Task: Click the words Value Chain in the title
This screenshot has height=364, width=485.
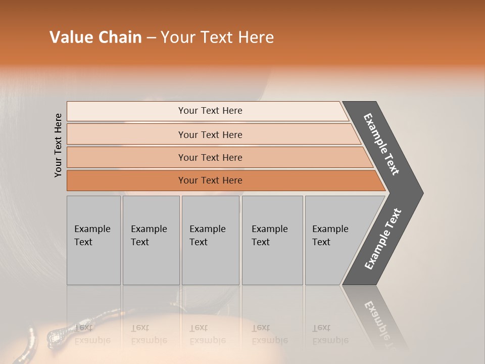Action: (x=95, y=37)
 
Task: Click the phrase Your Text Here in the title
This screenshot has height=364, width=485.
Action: (x=217, y=37)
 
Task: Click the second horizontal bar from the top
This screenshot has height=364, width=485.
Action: (x=210, y=134)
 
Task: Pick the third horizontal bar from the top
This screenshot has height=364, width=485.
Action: (x=210, y=157)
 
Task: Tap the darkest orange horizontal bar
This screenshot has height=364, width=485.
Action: (x=210, y=180)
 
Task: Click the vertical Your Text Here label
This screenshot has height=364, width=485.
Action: (x=58, y=146)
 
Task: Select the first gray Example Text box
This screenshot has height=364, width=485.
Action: (x=93, y=240)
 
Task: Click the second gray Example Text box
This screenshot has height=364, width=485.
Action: (x=151, y=240)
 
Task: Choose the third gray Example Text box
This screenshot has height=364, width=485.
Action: (x=210, y=240)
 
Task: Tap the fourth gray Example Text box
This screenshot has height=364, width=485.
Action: (x=272, y=240)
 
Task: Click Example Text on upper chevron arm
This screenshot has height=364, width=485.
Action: (x=382, y=145)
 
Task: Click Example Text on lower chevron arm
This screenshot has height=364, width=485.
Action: (x=383, y=239)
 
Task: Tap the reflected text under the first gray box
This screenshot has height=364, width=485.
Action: (x=92, y=334)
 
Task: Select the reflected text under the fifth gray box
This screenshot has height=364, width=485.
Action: (x=330, y=334)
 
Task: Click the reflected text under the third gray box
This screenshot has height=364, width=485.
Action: (x=208, y=334)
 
